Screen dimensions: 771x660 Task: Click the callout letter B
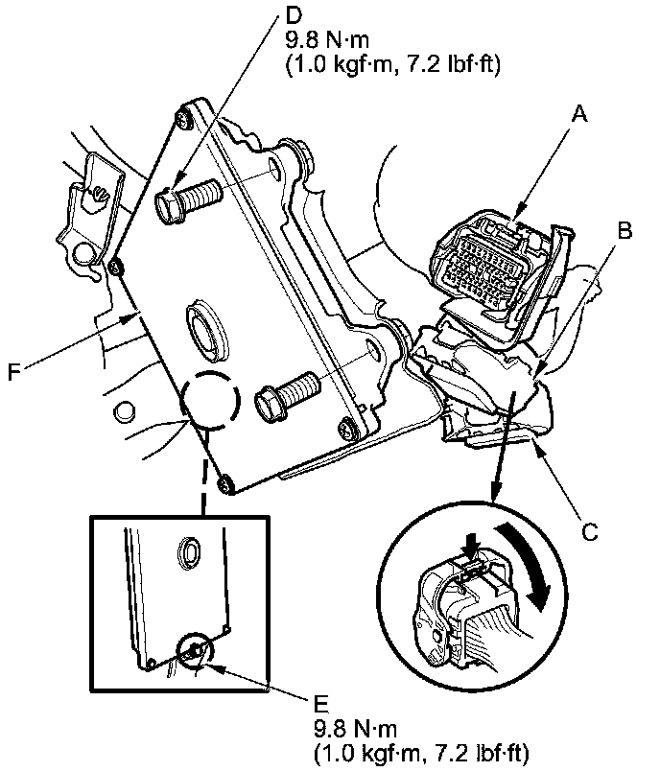pyautogui.click(x=625, y=231)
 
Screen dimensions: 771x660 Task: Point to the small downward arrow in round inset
pyautogui.click(x=469, y=548)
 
